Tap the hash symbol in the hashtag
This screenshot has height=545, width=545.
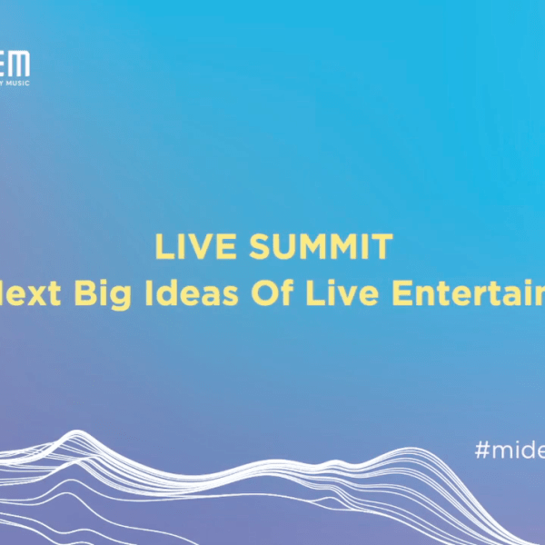tap(481, 450)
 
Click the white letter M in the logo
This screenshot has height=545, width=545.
tap(20, 64)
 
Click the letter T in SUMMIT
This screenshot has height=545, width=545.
tap(384, 247)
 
